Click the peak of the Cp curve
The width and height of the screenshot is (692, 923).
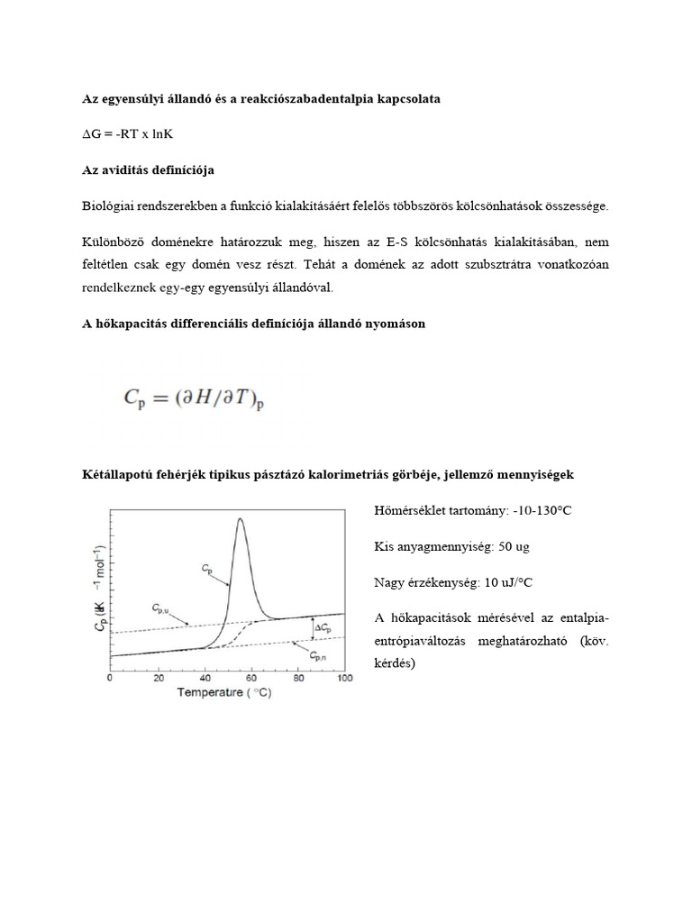coord(240,519)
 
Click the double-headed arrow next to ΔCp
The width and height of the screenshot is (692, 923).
coord(311,628)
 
